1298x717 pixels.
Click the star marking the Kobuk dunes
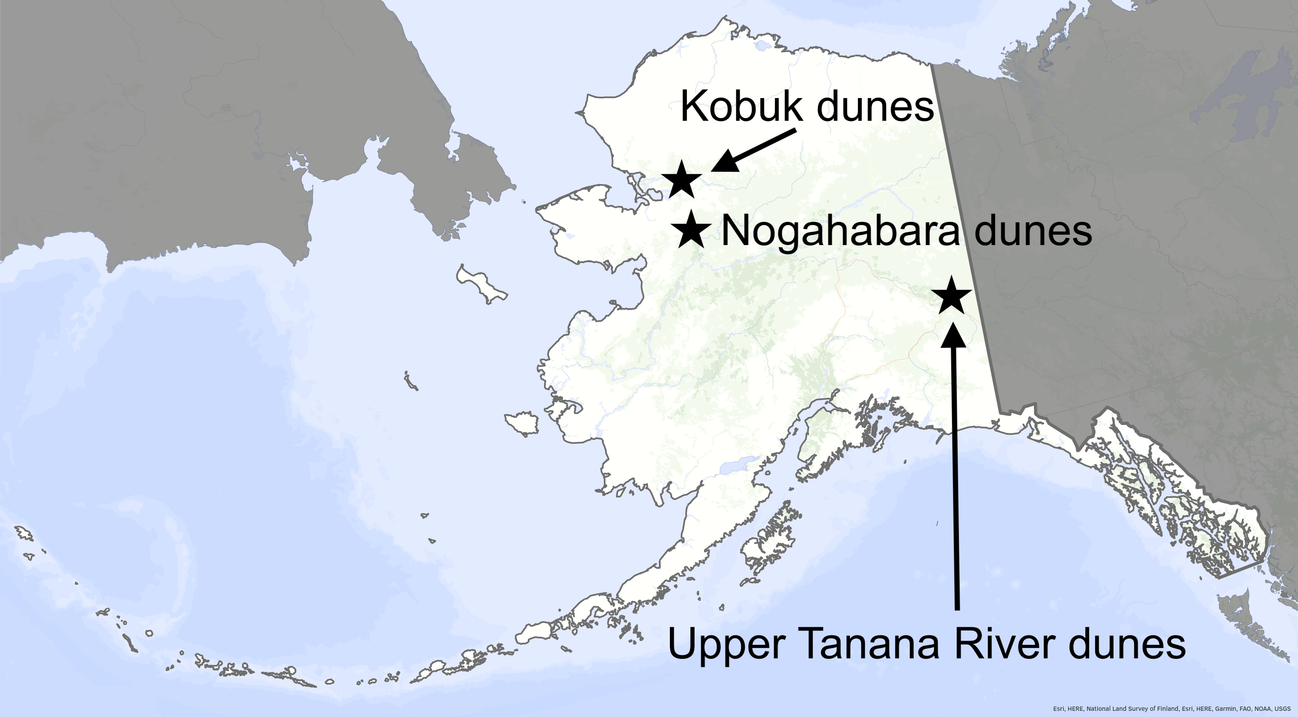point(681,180)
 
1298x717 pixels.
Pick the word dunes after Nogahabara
point(1033,231)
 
